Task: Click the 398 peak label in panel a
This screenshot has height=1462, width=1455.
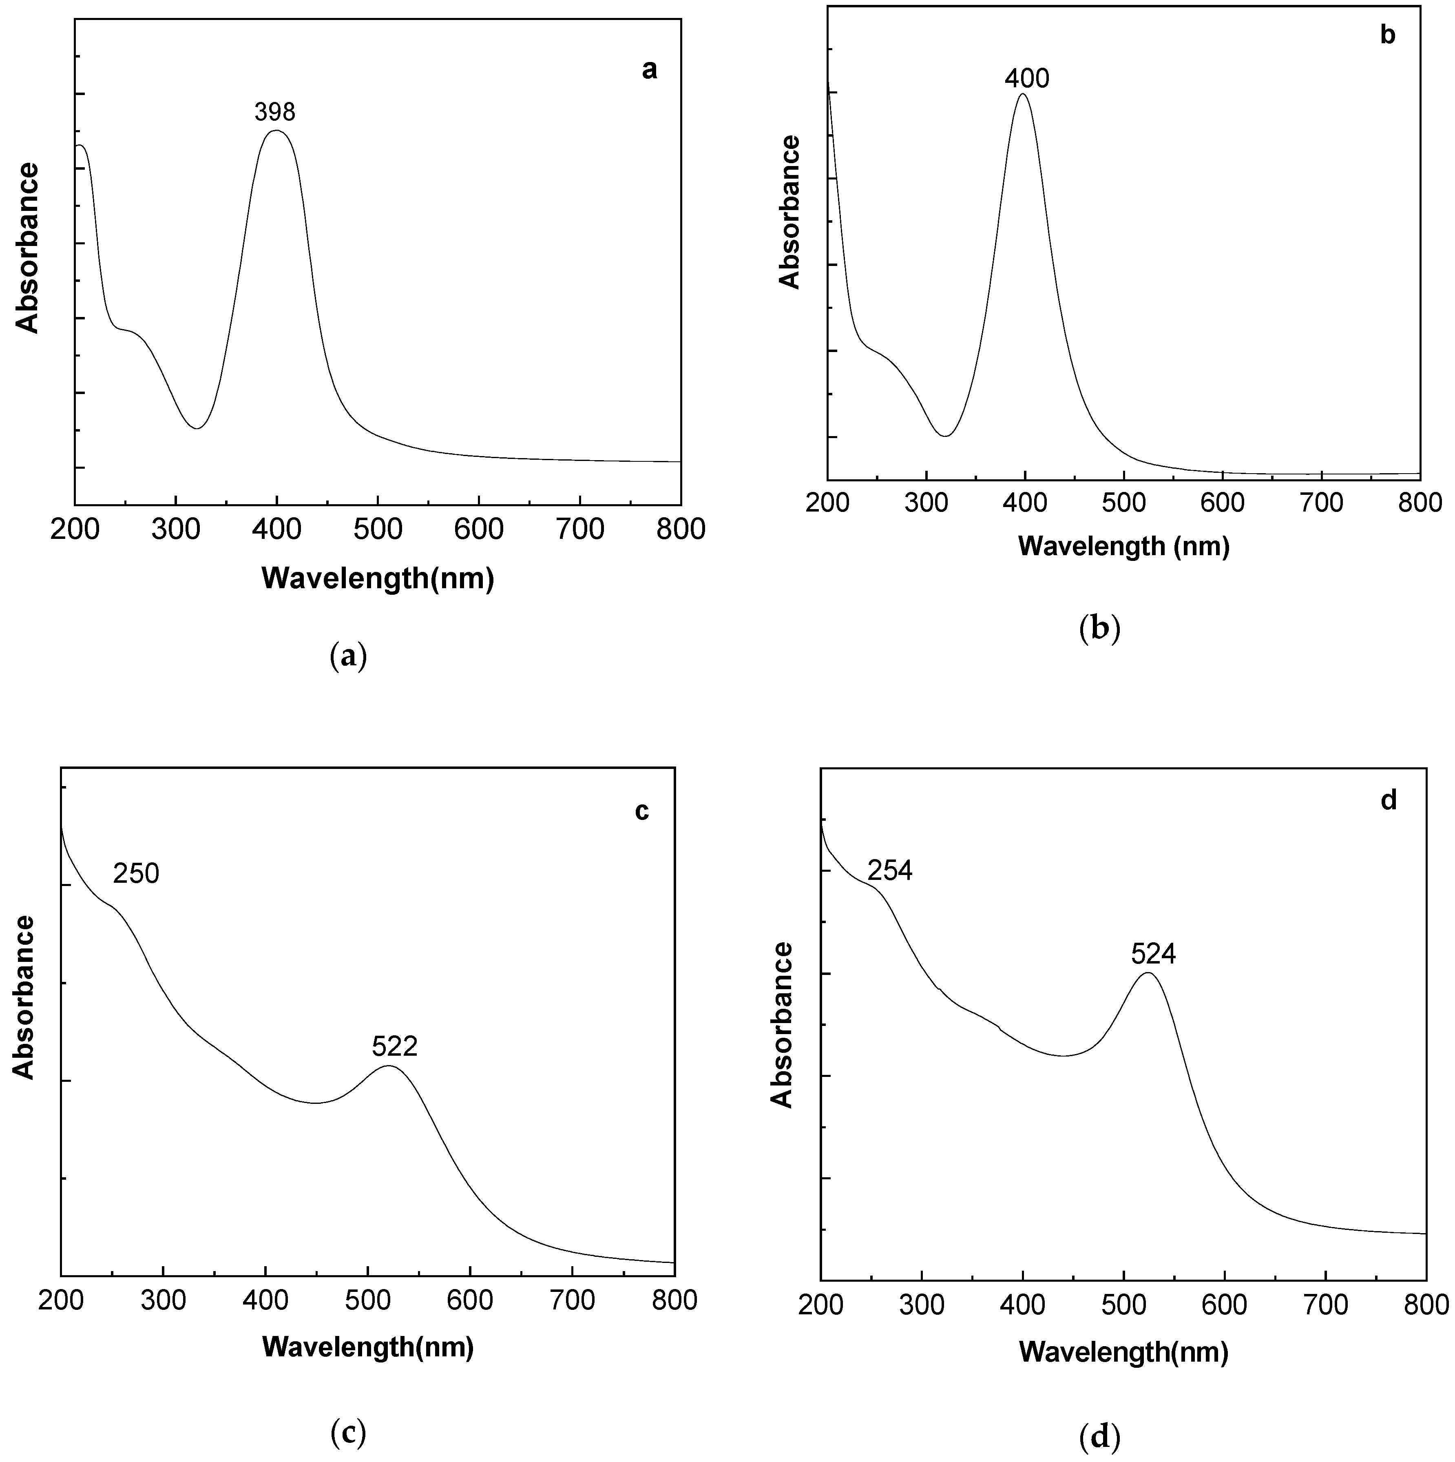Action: [275, 113]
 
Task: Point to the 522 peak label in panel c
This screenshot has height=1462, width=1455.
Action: [394, 1047]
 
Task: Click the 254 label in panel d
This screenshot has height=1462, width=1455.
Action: [890, 871]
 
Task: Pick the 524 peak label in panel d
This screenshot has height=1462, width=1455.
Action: [1153, 954]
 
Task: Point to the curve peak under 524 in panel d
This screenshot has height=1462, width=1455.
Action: [1149, 973]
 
